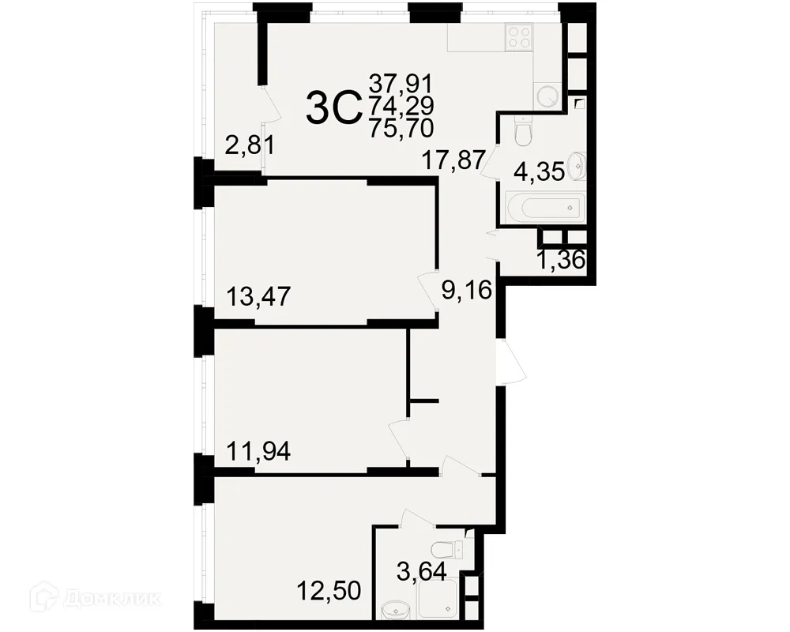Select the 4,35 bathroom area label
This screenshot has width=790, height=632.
pyautogui.click(x=539, y=172)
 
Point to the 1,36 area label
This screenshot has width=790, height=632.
pyautogui.click(x=561, y=261)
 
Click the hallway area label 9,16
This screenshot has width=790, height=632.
pyautogui.click(x=466, y=291)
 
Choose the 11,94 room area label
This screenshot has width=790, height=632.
pyautogui.click(x=258, y=452)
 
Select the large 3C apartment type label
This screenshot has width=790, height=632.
pyautogui.click(x=333, y=108)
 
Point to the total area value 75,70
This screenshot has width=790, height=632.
pyautogui.click(x=401, y=127)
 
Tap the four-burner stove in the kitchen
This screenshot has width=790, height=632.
pyautogui.click(x=520, y=37)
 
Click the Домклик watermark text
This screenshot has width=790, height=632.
pyautogui.click(x=118, y=596)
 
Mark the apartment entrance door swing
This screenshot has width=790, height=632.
pyautogui.click(x=510, y=362)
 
